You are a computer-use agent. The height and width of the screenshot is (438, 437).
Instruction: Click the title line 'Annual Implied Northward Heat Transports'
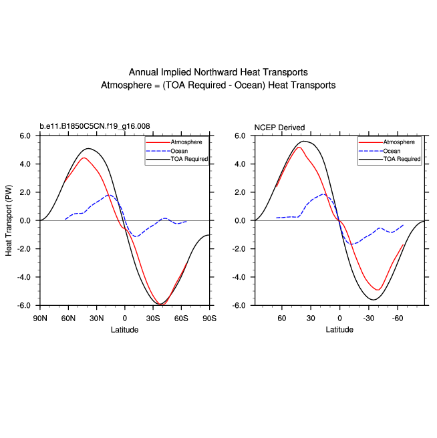(218, 72)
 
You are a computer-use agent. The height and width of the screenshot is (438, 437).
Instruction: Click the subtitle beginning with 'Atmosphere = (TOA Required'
(218, 85)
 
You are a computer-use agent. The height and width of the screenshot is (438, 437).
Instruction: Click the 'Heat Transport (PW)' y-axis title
(9, 220)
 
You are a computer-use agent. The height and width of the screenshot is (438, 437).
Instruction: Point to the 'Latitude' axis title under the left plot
(125, 329)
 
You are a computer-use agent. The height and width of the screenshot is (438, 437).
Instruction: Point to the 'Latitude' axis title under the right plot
(339, 329)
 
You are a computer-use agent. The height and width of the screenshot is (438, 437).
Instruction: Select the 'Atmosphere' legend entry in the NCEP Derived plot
(399, 142)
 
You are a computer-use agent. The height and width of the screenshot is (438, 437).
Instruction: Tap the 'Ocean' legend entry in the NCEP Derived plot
(392, 151)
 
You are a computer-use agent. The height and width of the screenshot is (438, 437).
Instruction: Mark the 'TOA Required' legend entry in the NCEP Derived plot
(402, 159)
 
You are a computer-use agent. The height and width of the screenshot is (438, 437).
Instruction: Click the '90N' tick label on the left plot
(40, 318)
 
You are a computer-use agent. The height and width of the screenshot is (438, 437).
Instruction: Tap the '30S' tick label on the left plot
(154, 318)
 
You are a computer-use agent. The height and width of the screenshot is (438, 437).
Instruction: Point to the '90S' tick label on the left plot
(210, 318)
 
